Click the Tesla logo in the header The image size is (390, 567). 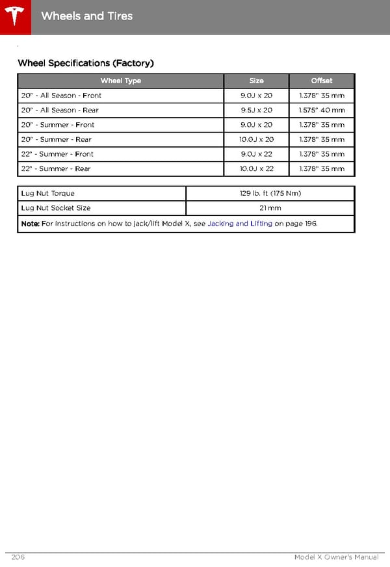(x=15, y=16)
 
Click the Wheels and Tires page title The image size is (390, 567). (x=86, y=16)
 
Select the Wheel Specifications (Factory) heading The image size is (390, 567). (x=85, y=63)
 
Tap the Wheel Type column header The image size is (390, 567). (x=120, y=81)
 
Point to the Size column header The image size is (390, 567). (x=256, y=81)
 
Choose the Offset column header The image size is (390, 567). (x=321, y=81)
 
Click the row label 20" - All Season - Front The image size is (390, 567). (x=61, y=96)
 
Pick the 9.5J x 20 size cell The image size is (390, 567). (x=256, y=111)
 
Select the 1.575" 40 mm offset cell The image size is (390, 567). (x=321, y=111)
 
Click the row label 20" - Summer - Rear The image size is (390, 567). (x=56, y=140)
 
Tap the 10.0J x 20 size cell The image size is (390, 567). (x=256, y=140)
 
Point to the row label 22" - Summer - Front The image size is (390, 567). (x=57, y=154)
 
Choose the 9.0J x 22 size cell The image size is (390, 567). (x=256, y=154)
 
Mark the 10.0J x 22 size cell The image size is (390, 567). (x=256, y=169)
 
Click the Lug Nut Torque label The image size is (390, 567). (x=47, y=194)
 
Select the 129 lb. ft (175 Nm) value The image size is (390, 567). (x=270, y=194)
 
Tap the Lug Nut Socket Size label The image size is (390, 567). (x=56, y=208)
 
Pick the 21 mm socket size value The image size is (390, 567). (x=270, y=208)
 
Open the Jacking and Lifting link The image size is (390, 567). (x=240, y=224)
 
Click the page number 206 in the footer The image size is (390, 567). (x=18, y=557)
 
